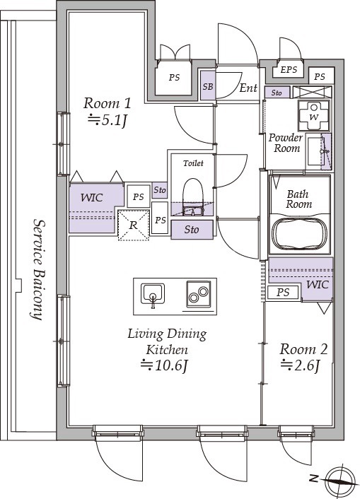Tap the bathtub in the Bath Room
(x=300, y=235)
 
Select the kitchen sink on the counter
(x=153, y=294)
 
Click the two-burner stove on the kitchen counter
(x=199, y=294)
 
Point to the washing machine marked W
(x=314, y=115)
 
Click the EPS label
(x=289, y=70)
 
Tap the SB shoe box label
(x=208, y=86)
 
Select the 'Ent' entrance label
(x=248, y=88)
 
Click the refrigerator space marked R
(x=134, y=225)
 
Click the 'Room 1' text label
(x=107, y=103)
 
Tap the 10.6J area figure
(x=164, y=365)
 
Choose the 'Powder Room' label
(x=286, y=143)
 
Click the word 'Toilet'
(x=193, y=163)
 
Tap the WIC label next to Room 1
(x=92, y=198)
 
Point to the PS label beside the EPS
(x=320, y=77)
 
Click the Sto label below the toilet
(x=192, y=230)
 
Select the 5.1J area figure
(x=108, y=121)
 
